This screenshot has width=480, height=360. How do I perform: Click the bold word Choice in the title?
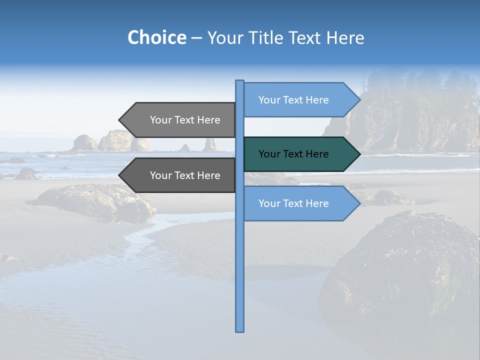(x=156, y=38)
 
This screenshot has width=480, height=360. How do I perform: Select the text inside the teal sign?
(x=293, y=154)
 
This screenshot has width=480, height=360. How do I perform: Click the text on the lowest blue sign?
(x=293, y=203)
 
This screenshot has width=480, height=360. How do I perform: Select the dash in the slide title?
(x=196, y=38)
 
